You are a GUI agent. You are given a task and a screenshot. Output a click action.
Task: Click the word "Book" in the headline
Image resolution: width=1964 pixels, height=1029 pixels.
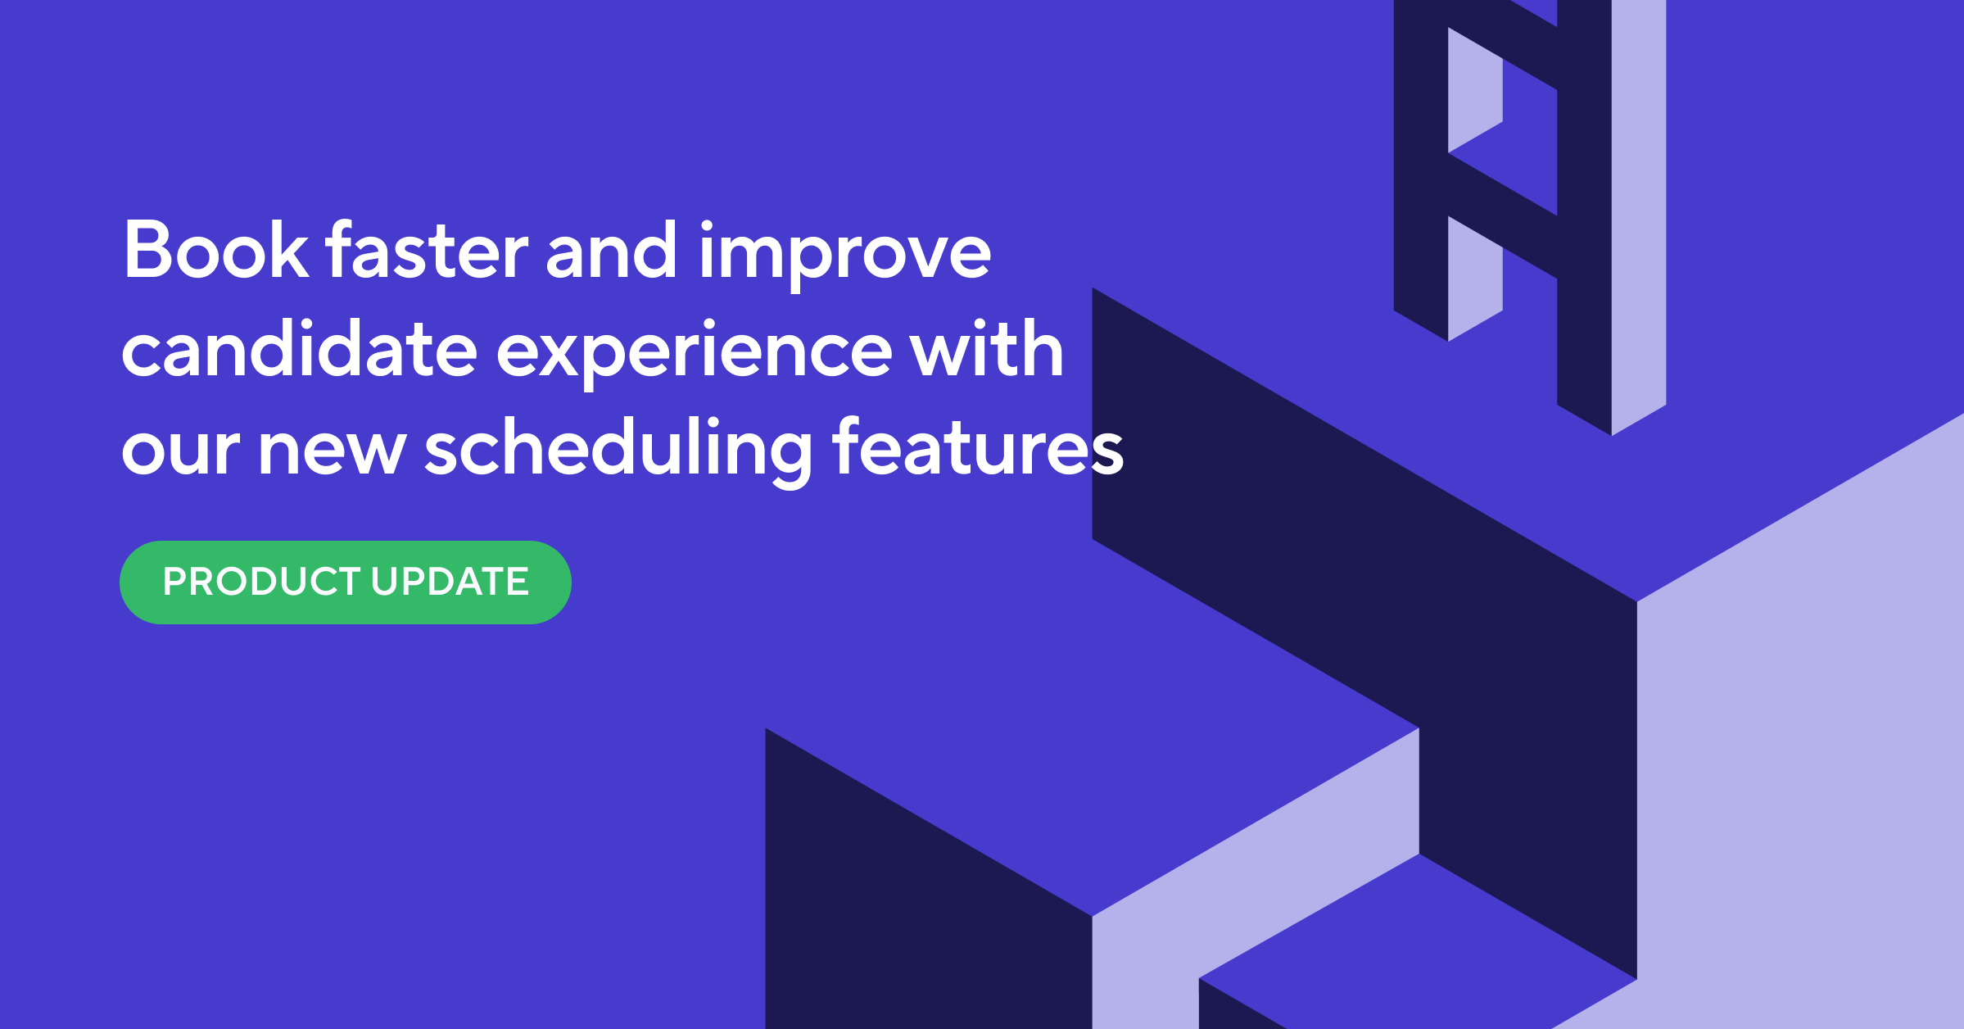point(216,250)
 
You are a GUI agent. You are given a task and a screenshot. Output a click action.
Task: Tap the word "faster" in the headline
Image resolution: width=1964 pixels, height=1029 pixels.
point(426,250)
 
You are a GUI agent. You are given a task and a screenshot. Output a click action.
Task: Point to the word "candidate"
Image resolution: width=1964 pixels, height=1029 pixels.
point(300,348)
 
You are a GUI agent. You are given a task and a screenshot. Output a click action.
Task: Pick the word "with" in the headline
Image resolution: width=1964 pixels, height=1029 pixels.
point(987,348)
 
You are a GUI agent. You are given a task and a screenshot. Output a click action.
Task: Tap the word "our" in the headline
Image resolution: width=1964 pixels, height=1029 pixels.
point(180,451)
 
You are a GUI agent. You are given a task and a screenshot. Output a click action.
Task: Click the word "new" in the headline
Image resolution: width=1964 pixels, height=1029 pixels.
point(333,451)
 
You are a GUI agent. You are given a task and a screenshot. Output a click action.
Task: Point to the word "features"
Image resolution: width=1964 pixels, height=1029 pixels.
point(978,447)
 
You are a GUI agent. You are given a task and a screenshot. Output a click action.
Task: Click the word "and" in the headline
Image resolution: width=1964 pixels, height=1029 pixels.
point(612,250)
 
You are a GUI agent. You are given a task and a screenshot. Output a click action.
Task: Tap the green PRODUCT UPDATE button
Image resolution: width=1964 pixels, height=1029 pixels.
point(346,582)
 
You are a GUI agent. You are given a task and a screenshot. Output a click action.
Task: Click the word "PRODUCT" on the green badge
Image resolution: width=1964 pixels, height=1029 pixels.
point(261,582)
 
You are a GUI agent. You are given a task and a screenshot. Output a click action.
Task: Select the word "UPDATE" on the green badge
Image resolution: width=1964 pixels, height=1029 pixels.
point(450,582)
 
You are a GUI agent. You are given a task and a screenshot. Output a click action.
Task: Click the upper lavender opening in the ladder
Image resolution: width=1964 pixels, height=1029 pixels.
point(1475,90)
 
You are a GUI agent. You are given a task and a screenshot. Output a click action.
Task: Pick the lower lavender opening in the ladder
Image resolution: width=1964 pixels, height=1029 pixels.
point(1475,279)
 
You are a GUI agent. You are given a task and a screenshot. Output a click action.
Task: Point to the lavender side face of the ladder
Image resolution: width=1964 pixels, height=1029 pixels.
point(1639,217)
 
